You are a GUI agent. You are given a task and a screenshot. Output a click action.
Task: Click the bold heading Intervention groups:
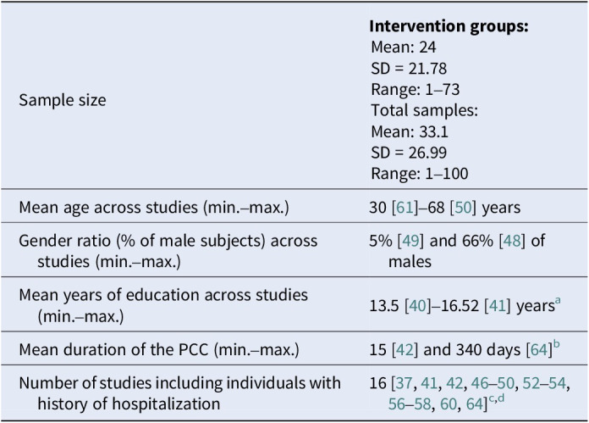[x=449, y=26]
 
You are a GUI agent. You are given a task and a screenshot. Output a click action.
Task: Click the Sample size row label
[x=63, y=100]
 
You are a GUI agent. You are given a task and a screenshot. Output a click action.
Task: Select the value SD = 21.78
[x=409, y=69]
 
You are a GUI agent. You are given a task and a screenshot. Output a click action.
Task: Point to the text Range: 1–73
[x=415, y=90]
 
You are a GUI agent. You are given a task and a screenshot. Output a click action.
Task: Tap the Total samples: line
[x=424, y=111]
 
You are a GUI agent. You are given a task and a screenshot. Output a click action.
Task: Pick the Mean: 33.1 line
[x=410, y=131]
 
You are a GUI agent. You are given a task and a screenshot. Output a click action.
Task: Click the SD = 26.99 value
[x=409, y=153]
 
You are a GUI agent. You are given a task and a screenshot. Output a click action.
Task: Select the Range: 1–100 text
[x=419, y=174]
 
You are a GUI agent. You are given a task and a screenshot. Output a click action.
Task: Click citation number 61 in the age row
[x=405, y=208]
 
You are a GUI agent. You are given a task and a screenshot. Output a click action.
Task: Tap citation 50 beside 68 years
[x=463, y=208]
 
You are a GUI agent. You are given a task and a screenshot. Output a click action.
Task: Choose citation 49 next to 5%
[x=410, y=241]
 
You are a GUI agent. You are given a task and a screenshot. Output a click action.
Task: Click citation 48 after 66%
[x=512, y=241]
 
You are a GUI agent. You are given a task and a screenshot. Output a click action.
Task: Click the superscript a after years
[x=558, y=300]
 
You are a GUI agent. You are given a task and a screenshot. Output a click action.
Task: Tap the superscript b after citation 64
[x=556, y=344]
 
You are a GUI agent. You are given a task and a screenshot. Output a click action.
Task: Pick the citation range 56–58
[x=410, y=404]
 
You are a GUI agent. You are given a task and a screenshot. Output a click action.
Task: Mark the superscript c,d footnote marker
[x=497, y=398]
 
